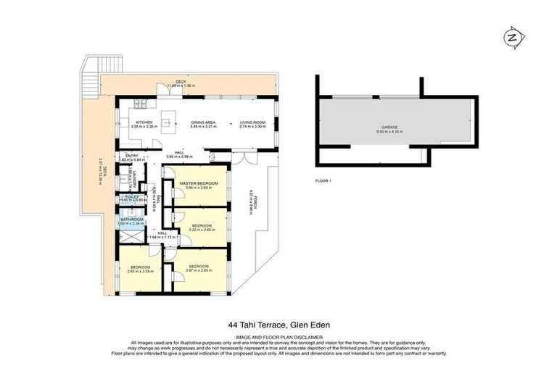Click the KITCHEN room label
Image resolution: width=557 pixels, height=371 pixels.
[141, 122]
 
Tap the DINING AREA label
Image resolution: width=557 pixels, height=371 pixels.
[204, 122]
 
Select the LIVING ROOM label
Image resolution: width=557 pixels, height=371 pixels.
[253, 122]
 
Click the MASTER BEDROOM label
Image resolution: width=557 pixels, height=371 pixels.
[199, 183]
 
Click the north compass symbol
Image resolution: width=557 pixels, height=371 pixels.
[511, 37]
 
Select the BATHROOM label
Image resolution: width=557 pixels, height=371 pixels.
[132, 220]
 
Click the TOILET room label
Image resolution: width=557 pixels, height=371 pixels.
[131, 196]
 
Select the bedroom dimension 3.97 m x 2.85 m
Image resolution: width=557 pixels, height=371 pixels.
[199, 270]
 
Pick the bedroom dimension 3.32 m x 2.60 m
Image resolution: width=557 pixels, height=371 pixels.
[201, 230]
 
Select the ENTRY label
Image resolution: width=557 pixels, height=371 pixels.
[131, 155]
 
